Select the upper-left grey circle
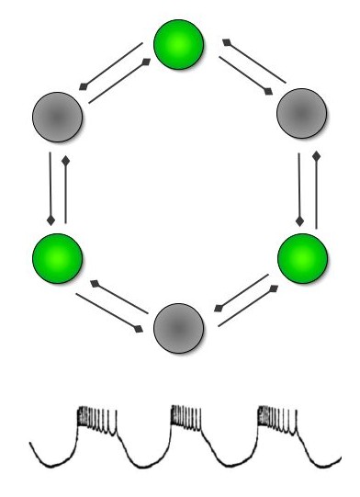point(57,117)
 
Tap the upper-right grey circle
point(302,117)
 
